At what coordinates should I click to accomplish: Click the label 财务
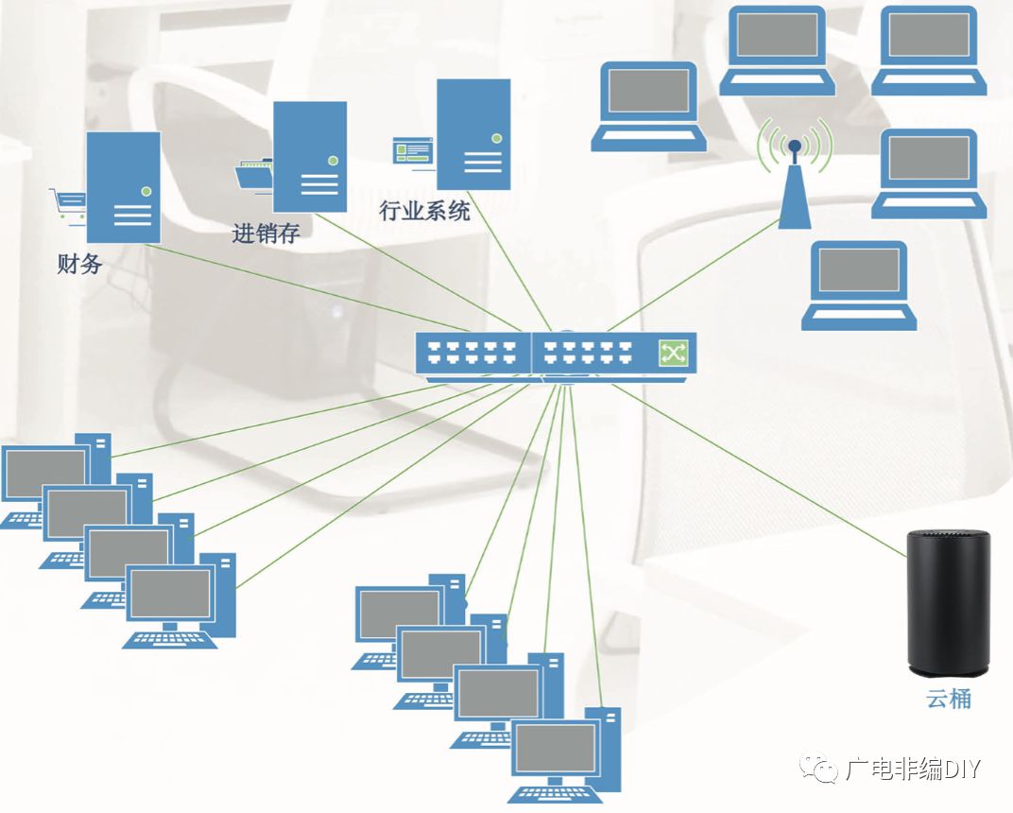click(79, 264)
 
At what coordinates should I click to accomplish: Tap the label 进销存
click(266, 233)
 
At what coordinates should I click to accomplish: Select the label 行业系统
click(424, 210)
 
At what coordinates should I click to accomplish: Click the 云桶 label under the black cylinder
click(948, 700)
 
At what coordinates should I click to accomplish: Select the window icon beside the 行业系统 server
click(413, 149)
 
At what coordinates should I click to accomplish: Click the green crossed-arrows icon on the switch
click(673, 354)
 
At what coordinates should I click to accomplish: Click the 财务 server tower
click(123, 187)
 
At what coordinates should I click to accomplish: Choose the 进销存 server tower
click(309, 157)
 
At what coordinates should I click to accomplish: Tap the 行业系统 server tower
click(473, 134)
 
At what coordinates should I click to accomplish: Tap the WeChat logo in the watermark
click(819, 769)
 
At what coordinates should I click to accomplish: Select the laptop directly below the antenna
click(859, 285)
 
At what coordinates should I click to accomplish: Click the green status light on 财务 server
click(146, 191)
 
